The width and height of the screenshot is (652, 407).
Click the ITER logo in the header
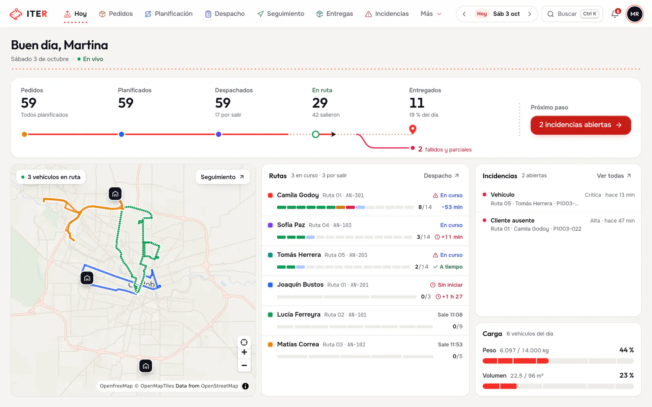coord(28,14)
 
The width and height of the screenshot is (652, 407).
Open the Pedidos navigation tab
coord(116,14)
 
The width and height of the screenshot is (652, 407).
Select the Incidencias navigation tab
coord(387,14)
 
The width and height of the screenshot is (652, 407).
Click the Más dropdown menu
coord(431,14)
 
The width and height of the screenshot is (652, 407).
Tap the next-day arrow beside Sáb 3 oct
coord(529,14)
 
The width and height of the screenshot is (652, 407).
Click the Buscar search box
coord(572,14)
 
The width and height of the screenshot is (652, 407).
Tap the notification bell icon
coord(615,14)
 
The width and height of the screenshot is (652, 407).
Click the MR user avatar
coord(634,14)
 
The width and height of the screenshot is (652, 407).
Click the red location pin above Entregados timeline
coord(412,129)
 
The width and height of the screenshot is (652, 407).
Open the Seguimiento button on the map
coord(222,177)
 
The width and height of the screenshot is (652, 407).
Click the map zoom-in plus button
coord(244,352)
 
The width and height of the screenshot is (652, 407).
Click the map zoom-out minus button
coord(244,365)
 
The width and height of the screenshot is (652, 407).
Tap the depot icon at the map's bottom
coord(145,366)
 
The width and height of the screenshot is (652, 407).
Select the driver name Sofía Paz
coord(291,225)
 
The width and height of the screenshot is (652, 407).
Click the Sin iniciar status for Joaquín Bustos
coord(446,285)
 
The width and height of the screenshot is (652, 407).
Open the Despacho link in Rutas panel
coord(441,175)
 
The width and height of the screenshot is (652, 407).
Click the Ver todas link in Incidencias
coord(614,175)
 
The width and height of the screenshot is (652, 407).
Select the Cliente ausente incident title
coord(512,220)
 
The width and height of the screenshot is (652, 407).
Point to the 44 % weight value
coord(626,350)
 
